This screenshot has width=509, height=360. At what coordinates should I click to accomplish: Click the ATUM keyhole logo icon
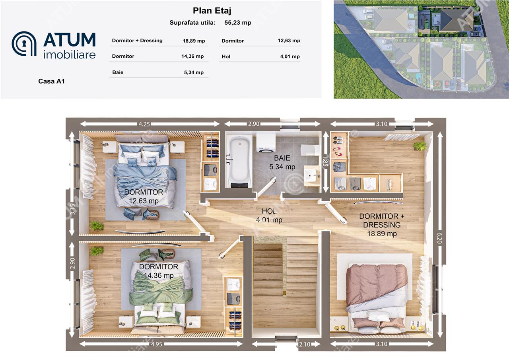coord(24,44)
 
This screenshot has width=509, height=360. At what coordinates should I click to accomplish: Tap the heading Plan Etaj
coord(212,11)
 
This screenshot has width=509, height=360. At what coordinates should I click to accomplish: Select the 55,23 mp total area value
coord(238,23)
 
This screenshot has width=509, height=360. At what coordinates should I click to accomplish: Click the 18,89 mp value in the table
coord(194,41)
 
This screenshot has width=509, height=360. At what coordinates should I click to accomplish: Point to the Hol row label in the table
coord(226,56)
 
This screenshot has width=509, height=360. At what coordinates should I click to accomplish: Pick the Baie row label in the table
coord(118,72)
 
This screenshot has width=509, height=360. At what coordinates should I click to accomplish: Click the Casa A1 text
coord(51,81)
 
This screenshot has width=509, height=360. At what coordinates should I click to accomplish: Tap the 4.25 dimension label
coord(144,124)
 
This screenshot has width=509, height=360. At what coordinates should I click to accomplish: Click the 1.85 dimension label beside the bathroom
coord(325,161)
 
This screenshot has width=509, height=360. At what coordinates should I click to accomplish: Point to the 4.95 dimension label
coord(157,344)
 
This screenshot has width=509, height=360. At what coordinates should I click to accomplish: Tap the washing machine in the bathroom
coord(266,142)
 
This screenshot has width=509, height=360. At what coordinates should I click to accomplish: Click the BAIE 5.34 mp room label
coord(282,162)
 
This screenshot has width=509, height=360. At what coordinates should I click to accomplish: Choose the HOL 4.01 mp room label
coord(269,216)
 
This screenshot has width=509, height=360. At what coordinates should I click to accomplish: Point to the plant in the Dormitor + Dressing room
coord(420,146)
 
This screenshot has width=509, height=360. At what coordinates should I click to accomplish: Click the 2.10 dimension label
coord(305,344)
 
